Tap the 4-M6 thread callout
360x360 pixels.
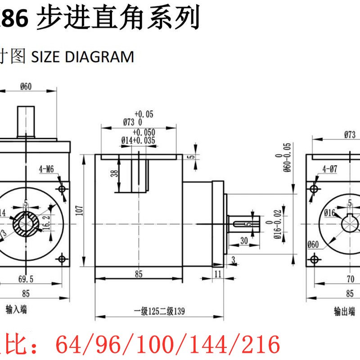tap(46, 169)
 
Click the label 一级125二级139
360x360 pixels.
tap(160, 311)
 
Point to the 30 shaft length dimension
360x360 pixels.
tap(244, 241)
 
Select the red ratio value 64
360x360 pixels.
tap(67, 344)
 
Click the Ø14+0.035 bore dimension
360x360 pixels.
tap(138, 140)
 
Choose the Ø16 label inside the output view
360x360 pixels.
tap(330, 212)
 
